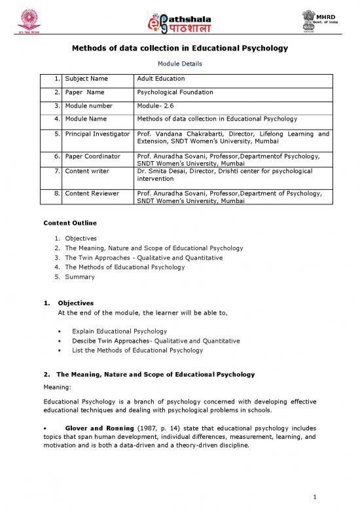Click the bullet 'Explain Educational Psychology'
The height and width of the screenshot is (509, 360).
(x=120, y=331)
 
